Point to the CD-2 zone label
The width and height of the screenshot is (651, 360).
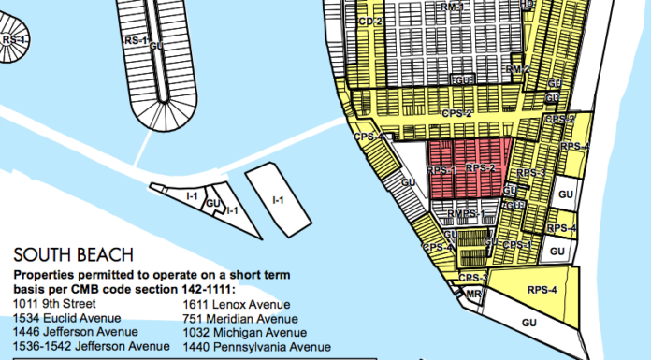click(x=371, y=21)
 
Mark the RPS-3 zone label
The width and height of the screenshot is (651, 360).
click(x=530, y=173)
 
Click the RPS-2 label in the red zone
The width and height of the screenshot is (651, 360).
click(x=480, y=168)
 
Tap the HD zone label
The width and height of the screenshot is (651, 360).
click(x=527, y=5)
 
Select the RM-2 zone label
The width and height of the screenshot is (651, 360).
click(x=518, y=69)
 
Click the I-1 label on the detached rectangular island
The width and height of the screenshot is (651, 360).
click(x=277, y=199)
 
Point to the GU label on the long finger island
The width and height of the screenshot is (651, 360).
click(x=156, y=46)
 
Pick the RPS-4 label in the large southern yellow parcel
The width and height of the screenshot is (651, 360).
click(x=542, y=291)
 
